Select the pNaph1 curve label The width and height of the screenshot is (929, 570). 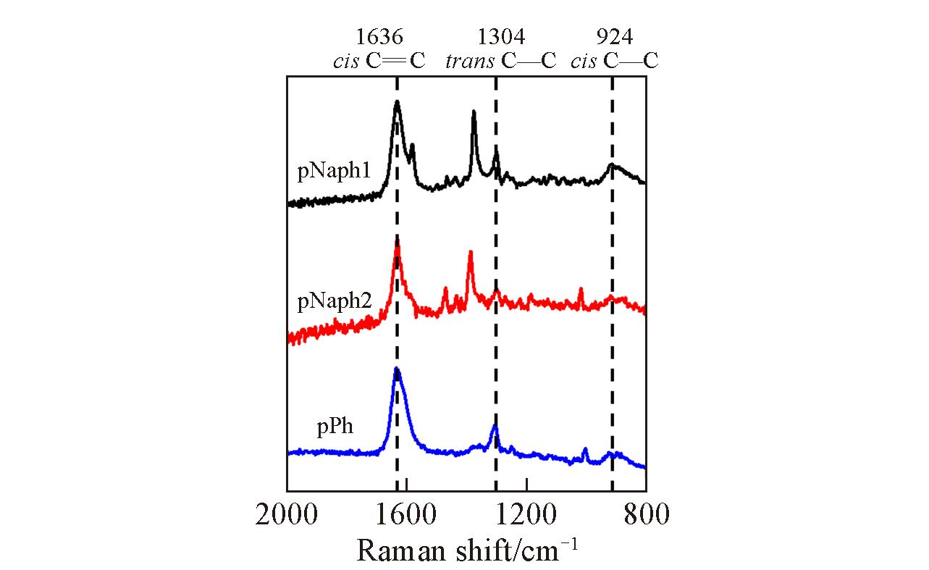coord(334,172)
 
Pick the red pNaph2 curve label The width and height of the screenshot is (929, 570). coord(335,301)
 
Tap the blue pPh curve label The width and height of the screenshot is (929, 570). coord(335,427)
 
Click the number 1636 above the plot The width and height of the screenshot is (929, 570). coord(379,36)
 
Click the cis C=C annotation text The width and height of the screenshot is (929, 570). coord(379,61)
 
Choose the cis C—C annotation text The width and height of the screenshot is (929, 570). coord(614,61)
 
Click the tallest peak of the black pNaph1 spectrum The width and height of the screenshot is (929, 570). coord(397,102)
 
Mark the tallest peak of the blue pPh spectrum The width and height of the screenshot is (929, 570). coord(396,369)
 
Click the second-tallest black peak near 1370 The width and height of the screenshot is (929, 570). coord(474,112)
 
